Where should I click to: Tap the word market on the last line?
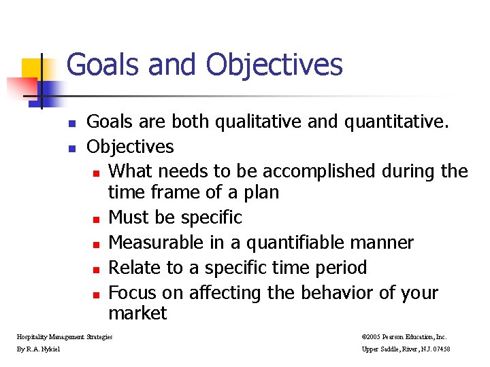pos(137,313)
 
